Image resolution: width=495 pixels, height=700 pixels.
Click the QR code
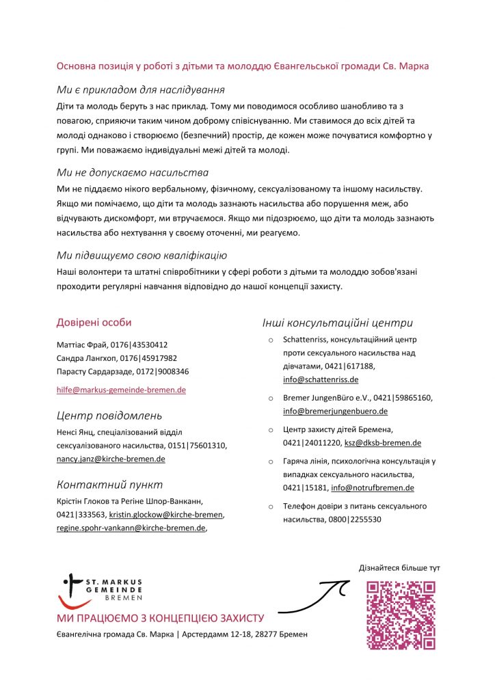click(x=401, y=615)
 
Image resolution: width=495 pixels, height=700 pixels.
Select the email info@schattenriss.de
click(x=321, y=379)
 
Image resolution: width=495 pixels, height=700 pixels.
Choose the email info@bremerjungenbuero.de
click(x=335, y=411)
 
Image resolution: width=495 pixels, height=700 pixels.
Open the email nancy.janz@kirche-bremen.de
click(x=111, y=459)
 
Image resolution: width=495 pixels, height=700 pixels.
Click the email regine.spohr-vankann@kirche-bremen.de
click(x=131, y=528)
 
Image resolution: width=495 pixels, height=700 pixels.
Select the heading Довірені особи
click(x=94, y=323)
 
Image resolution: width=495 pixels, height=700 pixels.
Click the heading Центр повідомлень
click(x=109, y=416)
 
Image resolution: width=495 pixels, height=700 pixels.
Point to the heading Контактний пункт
click(x=109, y=485)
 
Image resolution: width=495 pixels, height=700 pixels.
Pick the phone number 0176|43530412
click(x=139, y=345)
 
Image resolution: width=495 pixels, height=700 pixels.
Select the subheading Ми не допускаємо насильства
click(x=133, y=172)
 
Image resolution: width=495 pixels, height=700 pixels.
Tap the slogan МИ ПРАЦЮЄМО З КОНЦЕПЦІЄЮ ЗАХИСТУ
click(x=160, y=619)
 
